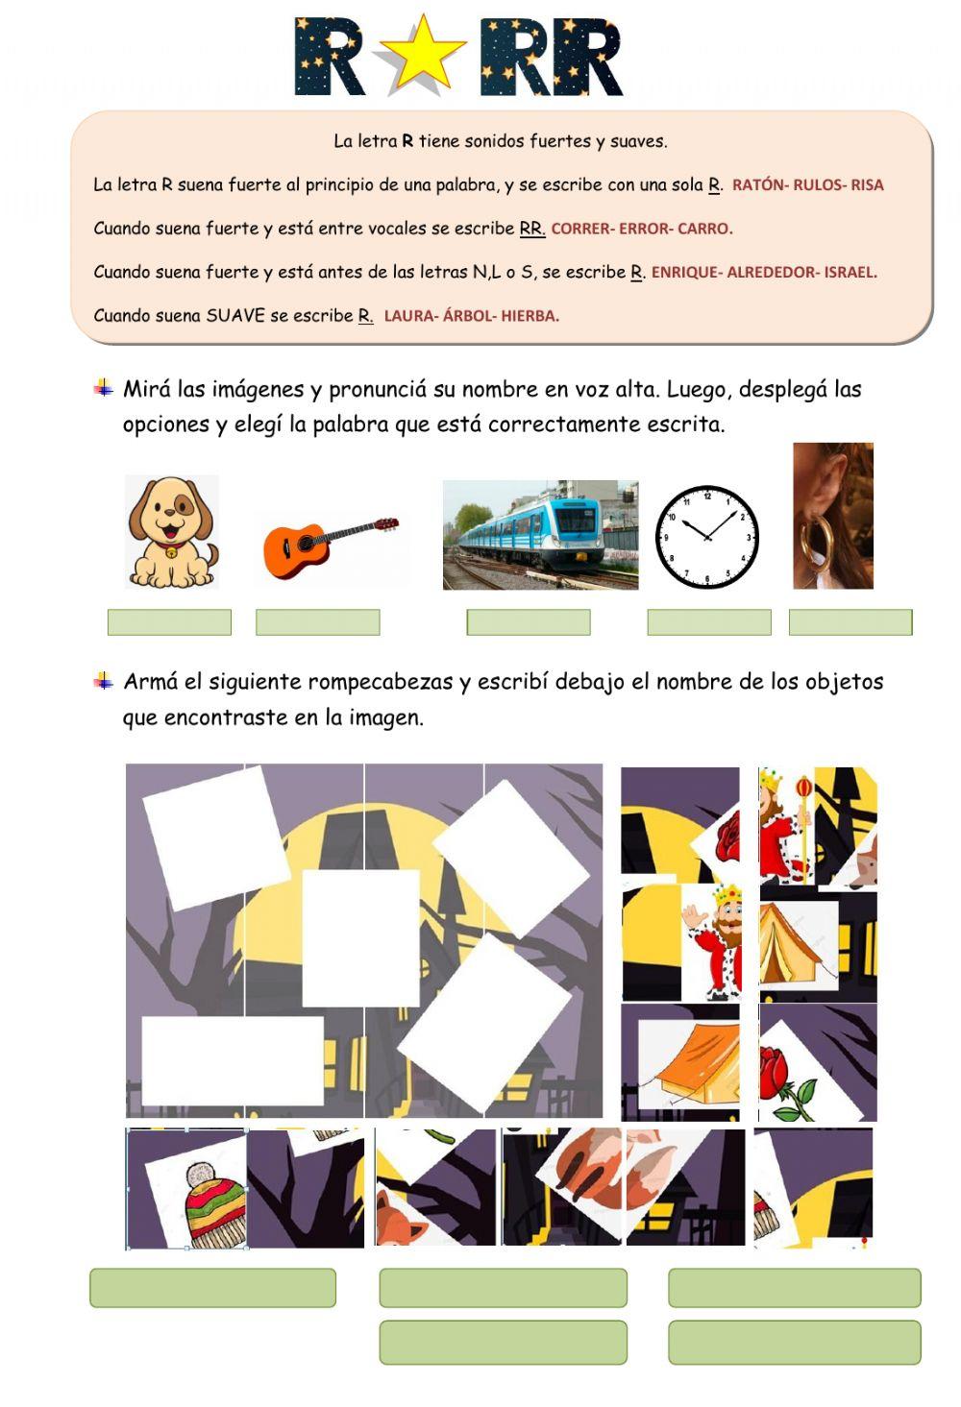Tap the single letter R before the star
(329, 58)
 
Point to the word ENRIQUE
(683, 272)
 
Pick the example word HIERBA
(530, 316)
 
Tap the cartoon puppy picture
(172, 532)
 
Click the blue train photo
(540, 535)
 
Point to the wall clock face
(707, 538)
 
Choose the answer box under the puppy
(169, 622)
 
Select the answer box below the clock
(709, 622)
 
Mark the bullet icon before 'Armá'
(104, 682)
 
